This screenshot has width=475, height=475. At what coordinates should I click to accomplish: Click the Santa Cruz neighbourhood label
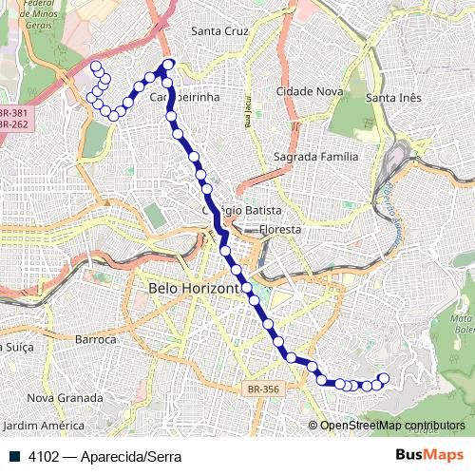pyautogui.click(x=219, y=31)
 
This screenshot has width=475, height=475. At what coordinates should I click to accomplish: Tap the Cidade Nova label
pyautogui.click(x=308, y=91)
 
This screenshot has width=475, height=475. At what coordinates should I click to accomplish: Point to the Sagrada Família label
pyautogui.click(x=314, y=157)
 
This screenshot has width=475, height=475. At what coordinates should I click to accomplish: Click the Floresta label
pyautogui.click(x=279, y=230)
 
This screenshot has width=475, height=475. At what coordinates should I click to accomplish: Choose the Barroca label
pyautogui.click(x=95, y=339)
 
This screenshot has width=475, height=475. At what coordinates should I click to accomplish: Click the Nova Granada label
pyautogui.click(x=65, y=397)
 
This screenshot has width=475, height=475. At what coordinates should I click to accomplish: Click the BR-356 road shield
pyautogui.click(x=263, y=389)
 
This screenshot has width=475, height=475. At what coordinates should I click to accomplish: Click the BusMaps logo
pyautogui.click(x=428, y=456)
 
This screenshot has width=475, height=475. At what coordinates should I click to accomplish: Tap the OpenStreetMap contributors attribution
pyautogui.click(x=392, y=426)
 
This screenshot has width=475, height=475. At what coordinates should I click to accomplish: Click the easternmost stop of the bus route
pyautogui.click(x=385, y=378)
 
